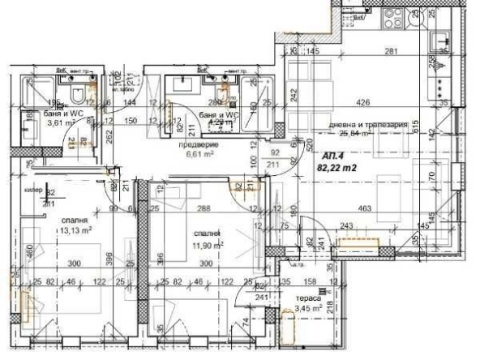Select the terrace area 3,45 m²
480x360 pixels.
[x=309, y=309]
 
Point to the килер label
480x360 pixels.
[x=33, y=191]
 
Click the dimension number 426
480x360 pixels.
[x=364, y=102]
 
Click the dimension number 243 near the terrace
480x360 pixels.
[x=349, y=226]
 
